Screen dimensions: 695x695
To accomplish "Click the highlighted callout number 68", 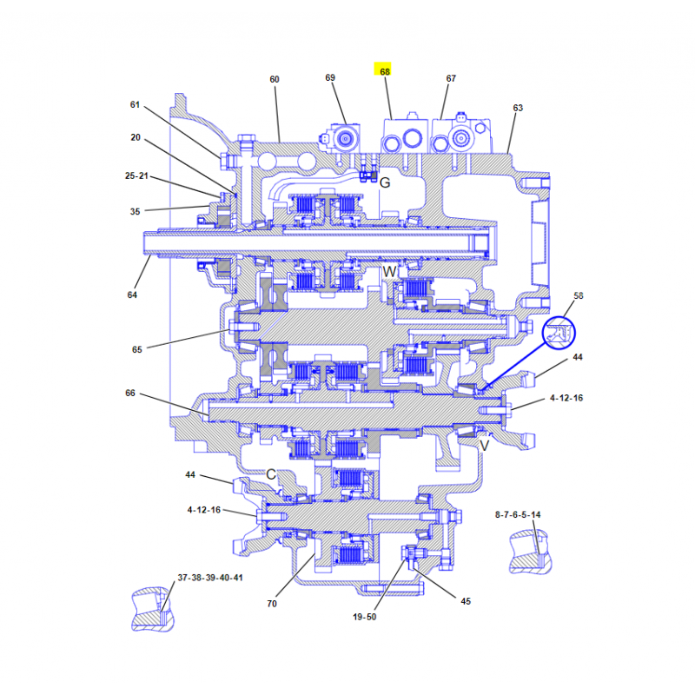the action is click(x=385, y=71).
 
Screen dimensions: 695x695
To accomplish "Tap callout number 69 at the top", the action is click(x=330, y=77).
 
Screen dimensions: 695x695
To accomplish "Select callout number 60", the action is click(x=275, y=79).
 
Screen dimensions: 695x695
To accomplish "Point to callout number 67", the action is click(x=451, y=78).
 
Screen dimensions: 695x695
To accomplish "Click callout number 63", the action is click(x=518, y=108).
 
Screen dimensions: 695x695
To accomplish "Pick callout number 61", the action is click(x=135, y=104).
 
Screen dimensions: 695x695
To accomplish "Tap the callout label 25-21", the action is click(x=136, y=176).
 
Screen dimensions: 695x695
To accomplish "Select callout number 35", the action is click(x=135, y=211).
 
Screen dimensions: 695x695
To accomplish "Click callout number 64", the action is click(x=132, y=295).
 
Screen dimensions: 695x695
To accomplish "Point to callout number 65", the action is click(x=137, y=350).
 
